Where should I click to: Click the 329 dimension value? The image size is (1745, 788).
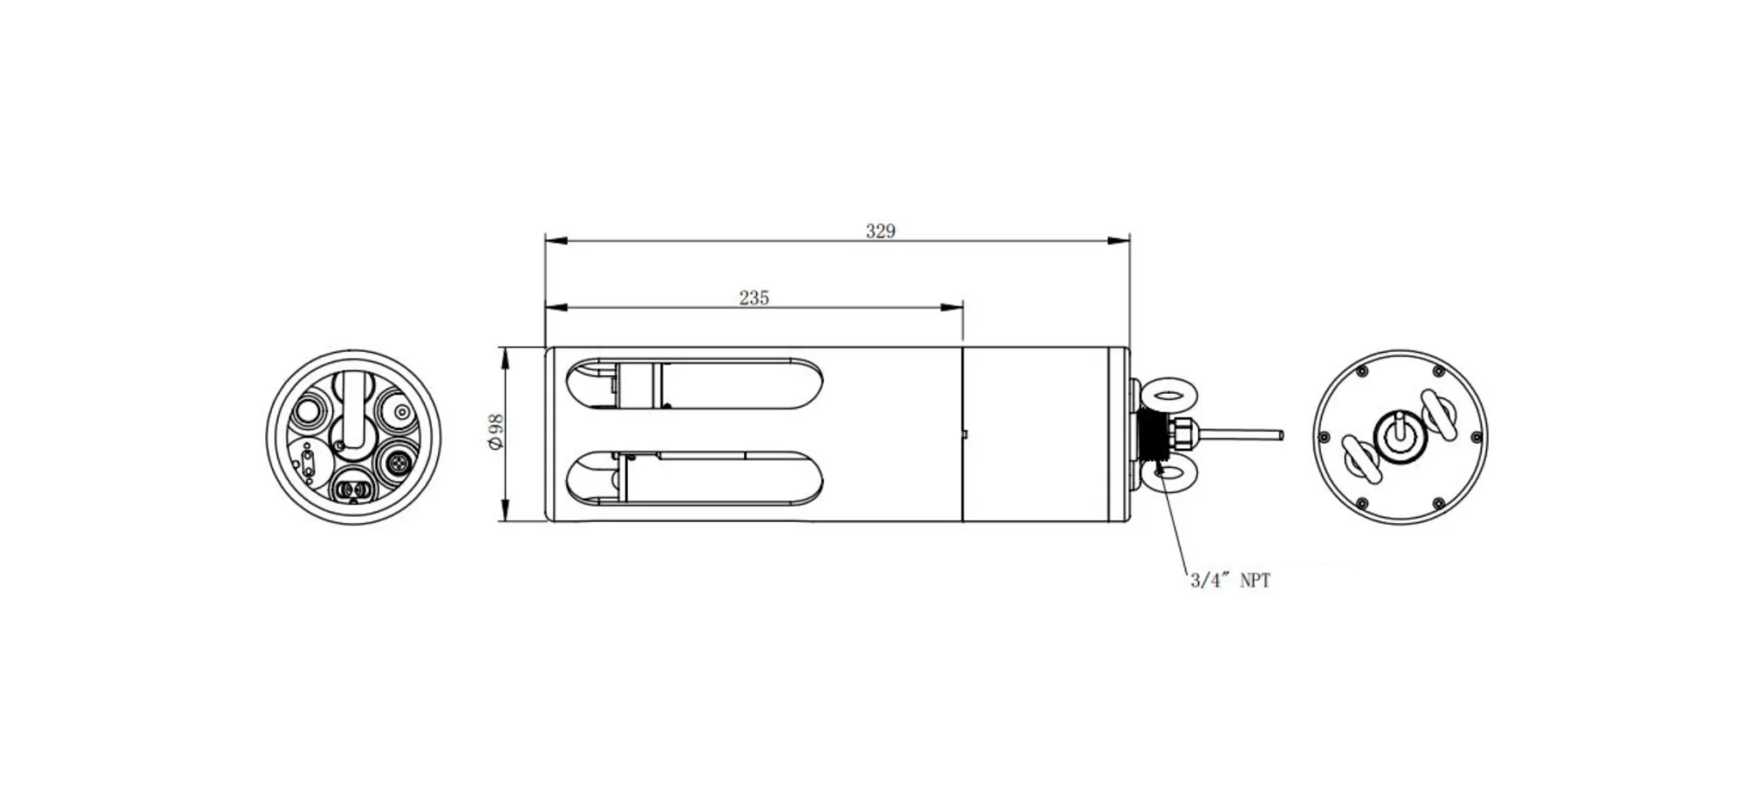880,231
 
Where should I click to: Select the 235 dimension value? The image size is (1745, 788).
753,298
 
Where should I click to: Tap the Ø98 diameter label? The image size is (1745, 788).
495,432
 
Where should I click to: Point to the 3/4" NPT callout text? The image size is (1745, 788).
1230,581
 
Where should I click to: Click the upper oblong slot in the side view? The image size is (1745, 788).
693,384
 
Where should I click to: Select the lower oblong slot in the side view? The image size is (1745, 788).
693,478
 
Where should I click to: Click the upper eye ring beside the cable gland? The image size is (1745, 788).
1169,396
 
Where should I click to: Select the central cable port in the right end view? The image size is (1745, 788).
1399,436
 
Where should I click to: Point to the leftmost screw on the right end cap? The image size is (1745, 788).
1324,437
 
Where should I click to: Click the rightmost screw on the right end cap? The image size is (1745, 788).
1476,437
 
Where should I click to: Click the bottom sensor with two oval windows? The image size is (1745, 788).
353,491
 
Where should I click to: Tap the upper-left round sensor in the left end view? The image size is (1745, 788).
309,411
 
